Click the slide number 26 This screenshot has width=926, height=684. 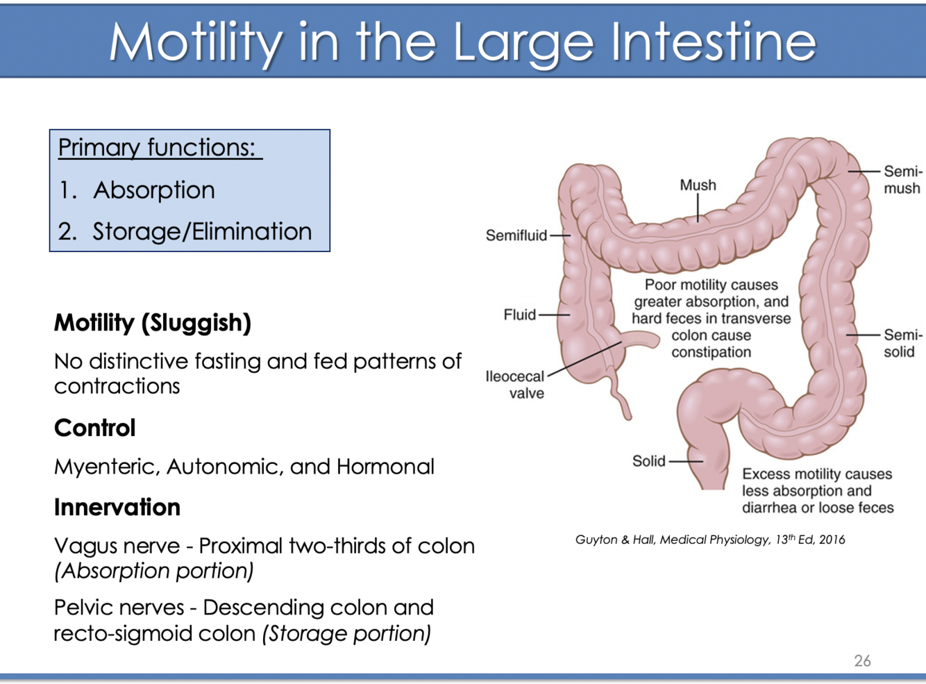point(862,660)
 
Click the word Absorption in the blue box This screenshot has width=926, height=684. point(153,190)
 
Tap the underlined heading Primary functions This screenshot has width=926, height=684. point(157,147)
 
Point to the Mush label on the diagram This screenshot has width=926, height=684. point(698,185)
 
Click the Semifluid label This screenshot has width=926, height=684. point(516,235)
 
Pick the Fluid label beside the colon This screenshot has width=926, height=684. point(519,315)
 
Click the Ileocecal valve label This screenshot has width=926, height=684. point(515,385)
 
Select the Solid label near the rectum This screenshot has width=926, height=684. point(648,461)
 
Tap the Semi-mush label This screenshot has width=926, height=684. point(902,180)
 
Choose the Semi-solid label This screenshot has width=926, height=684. point(902,343)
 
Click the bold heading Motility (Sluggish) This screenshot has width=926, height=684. point(153,323)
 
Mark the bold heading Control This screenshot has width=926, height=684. point(94,428)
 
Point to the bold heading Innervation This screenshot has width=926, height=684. point(117,507)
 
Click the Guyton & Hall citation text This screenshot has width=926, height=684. point(709,540)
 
